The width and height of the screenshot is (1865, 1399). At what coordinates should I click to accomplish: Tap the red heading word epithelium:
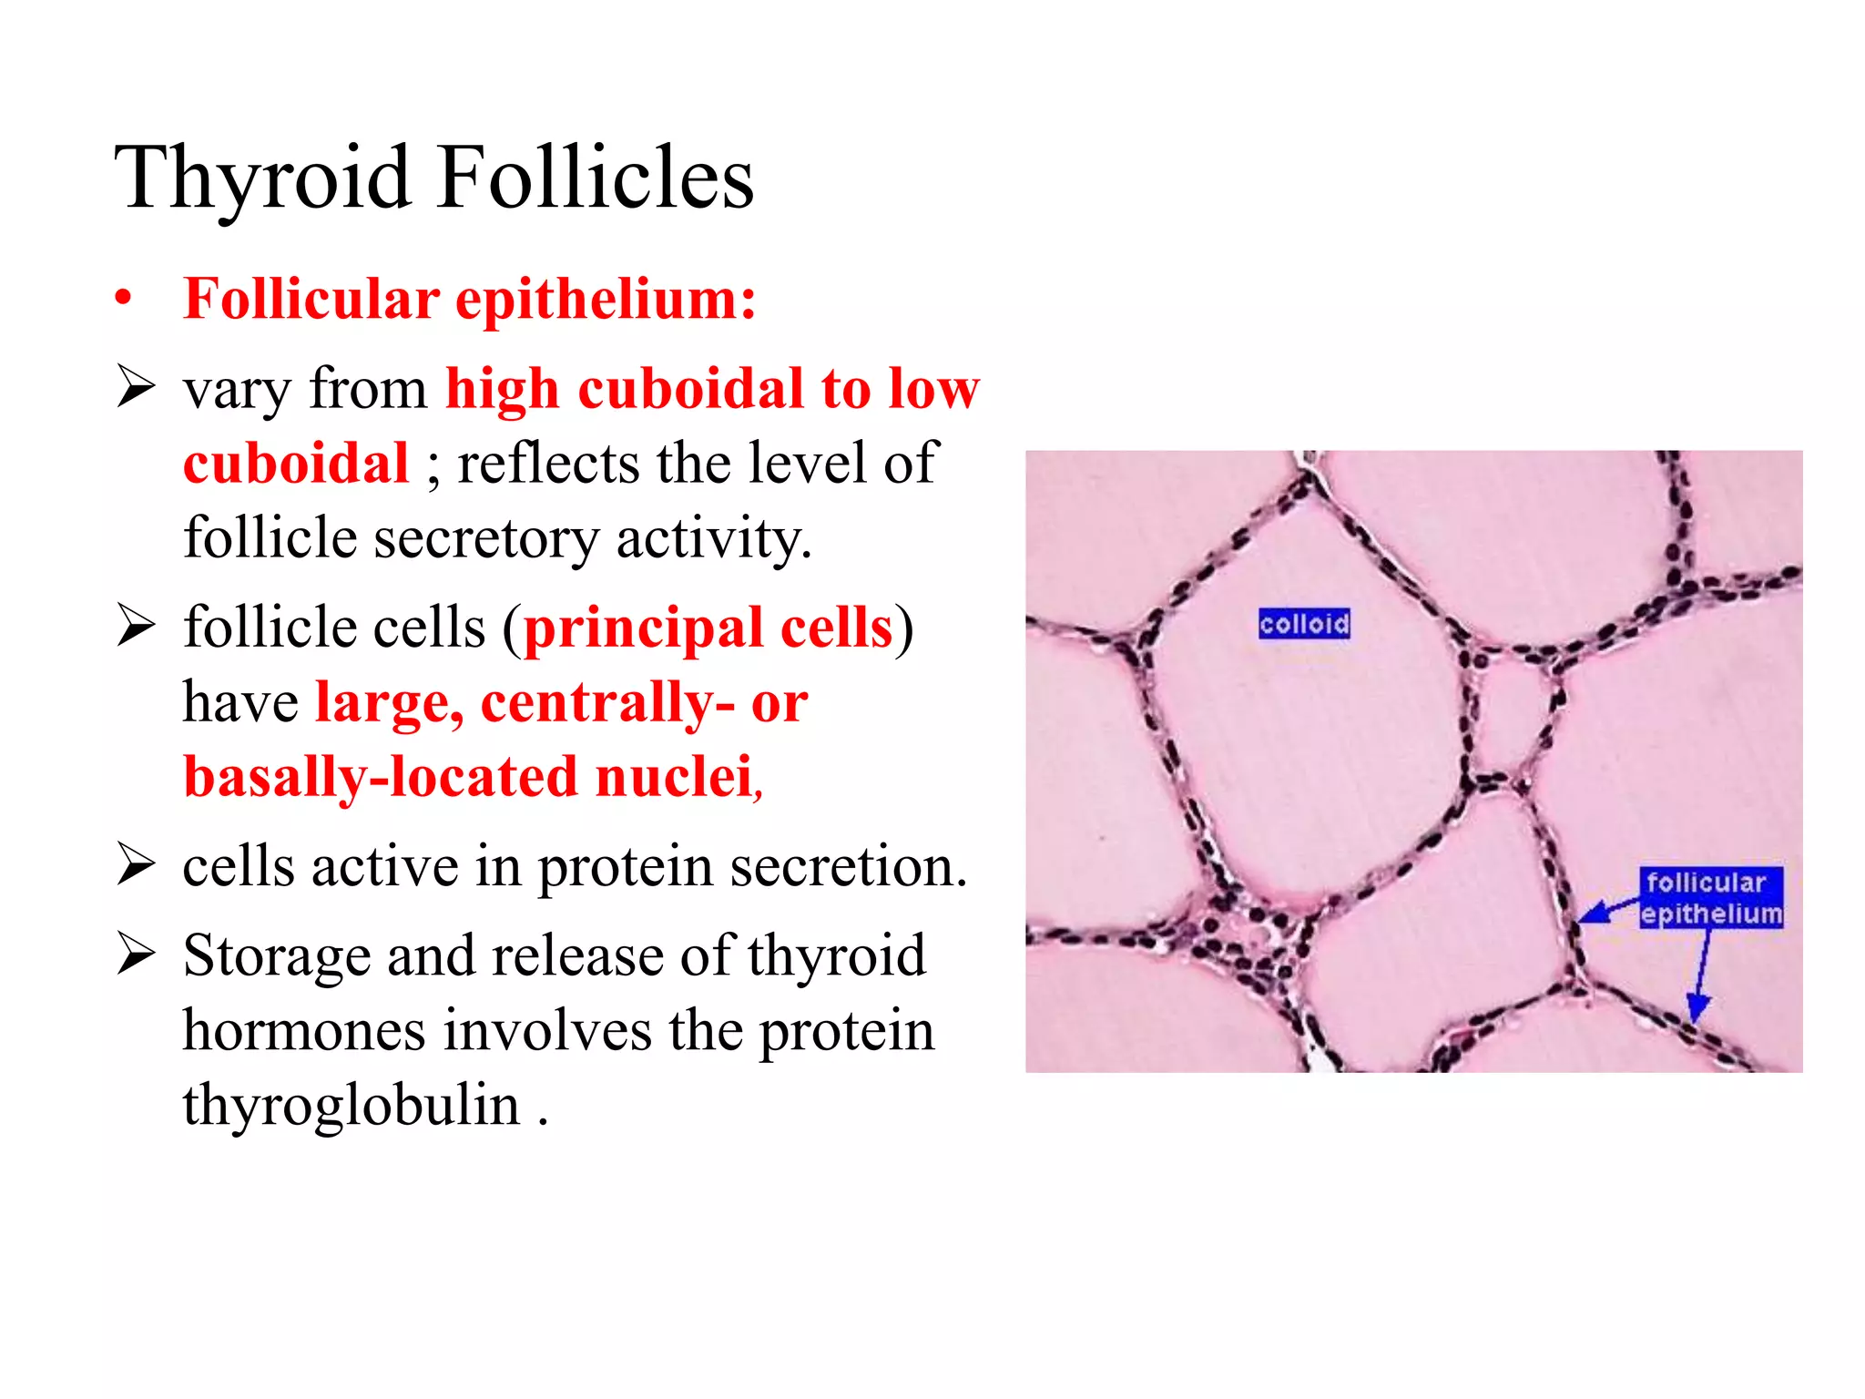[x=606, y=299]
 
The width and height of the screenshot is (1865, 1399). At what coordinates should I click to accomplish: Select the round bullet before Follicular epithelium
[x=124, y=299]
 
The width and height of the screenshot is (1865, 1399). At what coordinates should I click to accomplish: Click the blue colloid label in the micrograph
[x=1304, y=624]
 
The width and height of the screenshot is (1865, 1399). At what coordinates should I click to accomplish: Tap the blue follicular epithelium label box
[x=1710, y=898]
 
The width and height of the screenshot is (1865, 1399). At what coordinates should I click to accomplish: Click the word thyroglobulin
[x=352, y=1105]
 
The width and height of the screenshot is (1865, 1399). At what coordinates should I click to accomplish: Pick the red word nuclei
[x=674, y=778]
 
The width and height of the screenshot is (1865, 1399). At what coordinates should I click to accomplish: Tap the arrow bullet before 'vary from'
[x=137, y=388]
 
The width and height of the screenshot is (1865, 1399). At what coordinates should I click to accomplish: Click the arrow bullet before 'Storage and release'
[x=137, y=955]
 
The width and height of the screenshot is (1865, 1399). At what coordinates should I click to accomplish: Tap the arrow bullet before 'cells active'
[x=137, y=865]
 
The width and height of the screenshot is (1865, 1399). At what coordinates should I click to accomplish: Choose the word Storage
[x=276, y=956]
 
